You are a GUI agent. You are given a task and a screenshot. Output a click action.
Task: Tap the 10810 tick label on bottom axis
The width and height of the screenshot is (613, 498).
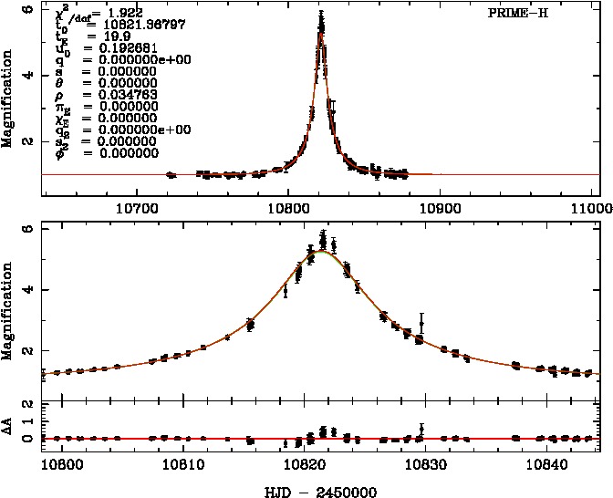(183, 462)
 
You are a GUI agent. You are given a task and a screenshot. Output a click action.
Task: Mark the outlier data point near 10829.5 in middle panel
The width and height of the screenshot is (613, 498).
(421, 320)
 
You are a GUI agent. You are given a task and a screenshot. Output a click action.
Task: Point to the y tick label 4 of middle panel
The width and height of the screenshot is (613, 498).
(29, 290)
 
